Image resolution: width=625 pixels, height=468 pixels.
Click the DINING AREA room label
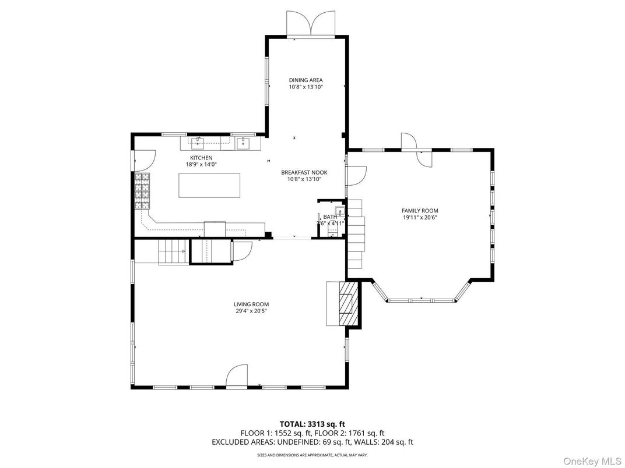(306, 80)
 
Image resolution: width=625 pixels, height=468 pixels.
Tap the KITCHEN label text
(201, 158)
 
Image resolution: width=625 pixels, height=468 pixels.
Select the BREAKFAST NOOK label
(304, 172)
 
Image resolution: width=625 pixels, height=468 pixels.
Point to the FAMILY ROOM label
(419, 211)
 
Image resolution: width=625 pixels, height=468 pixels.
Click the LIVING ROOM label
(251, 304)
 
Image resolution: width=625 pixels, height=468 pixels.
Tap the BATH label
(330, 217)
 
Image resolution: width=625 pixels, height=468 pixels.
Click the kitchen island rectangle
(209, 185)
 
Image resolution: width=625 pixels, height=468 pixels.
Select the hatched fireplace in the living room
(348, 303)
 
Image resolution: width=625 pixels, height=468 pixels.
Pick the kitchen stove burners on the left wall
(142, 192)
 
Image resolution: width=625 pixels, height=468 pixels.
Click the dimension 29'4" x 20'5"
(251, 311)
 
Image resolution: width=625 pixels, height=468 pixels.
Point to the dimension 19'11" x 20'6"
(419, 218)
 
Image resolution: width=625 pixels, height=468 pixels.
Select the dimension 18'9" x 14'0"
(201, 165)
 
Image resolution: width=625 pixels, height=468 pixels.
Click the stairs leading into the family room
(356, 233)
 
